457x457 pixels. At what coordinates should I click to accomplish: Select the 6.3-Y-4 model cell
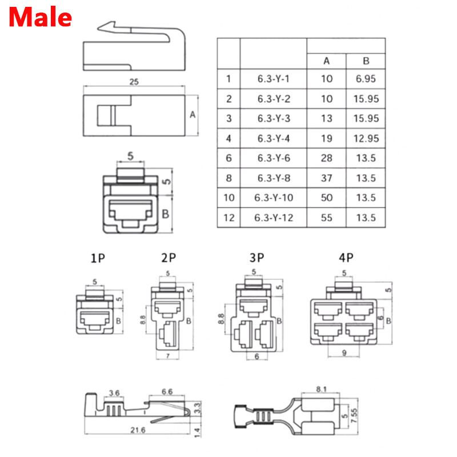point(274,138)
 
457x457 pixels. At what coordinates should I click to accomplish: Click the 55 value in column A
point(326,217)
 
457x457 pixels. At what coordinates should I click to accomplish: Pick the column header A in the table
point(326,61)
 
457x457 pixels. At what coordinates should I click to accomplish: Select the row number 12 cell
point(228,217)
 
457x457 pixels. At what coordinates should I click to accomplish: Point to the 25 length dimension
point(134,82)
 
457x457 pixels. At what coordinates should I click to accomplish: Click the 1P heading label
point(98,258)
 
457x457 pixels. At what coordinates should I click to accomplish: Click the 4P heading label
point(345,258)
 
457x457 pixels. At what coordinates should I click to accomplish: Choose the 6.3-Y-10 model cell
point(274,198)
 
